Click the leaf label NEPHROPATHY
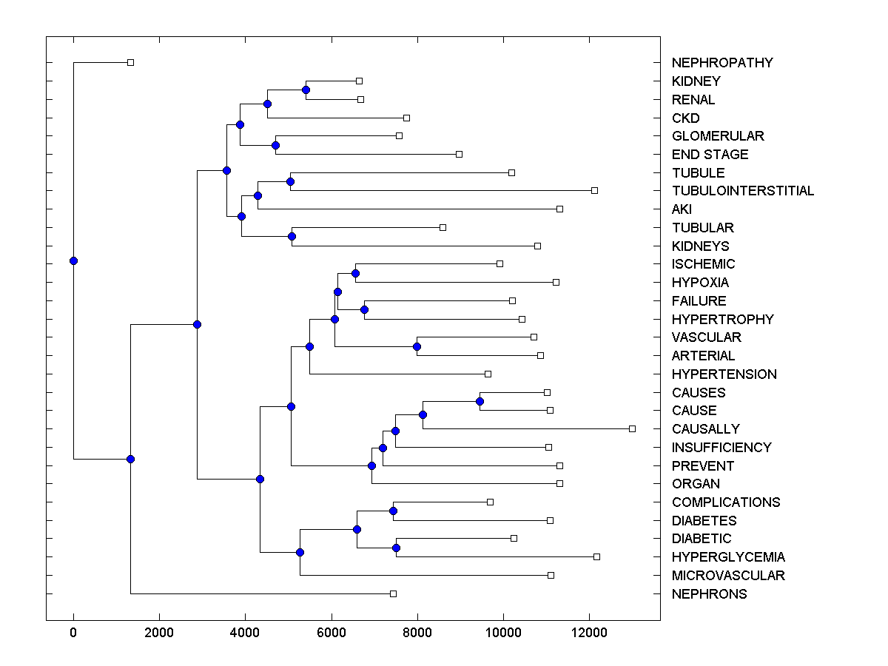pyautogui.click(x=722, y=63)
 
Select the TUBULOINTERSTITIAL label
pyautogui.click(x=743, y=191)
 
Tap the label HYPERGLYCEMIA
pyautogui.click(x=728, y=557)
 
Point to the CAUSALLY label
pyautogui.click(x=705, y=429)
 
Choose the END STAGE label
pyautogui.click(x=710, y=155)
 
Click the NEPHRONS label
pyautogui.click(x=709, y=594)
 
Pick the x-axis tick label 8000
pyautogui.click(x=417, y=632)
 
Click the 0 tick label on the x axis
pyautogui.click(x=73, y=632)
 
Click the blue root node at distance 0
pyautogui.click(x=73, y=260)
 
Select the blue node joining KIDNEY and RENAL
pyautogui.click(x=306, y=90)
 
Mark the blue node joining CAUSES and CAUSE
pyautogui.click(x=480, y=401)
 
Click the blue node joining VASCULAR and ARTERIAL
pyautogui.click(x=417, y=346)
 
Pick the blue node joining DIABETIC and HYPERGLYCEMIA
pyautogui.click(x=396, y=548)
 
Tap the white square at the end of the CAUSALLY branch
pyautogui.click(x=632, y=428)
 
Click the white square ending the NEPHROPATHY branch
pyautogui.click(x=130, y=62)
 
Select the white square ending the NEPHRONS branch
pyautogui.click(x=393, y=593)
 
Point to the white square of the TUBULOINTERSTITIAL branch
pyautogui.click(x=594, y=190)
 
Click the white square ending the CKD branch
pyautogui.click(x=406, y=118)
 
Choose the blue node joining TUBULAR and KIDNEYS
pyautogui.click(x=292, y=236)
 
